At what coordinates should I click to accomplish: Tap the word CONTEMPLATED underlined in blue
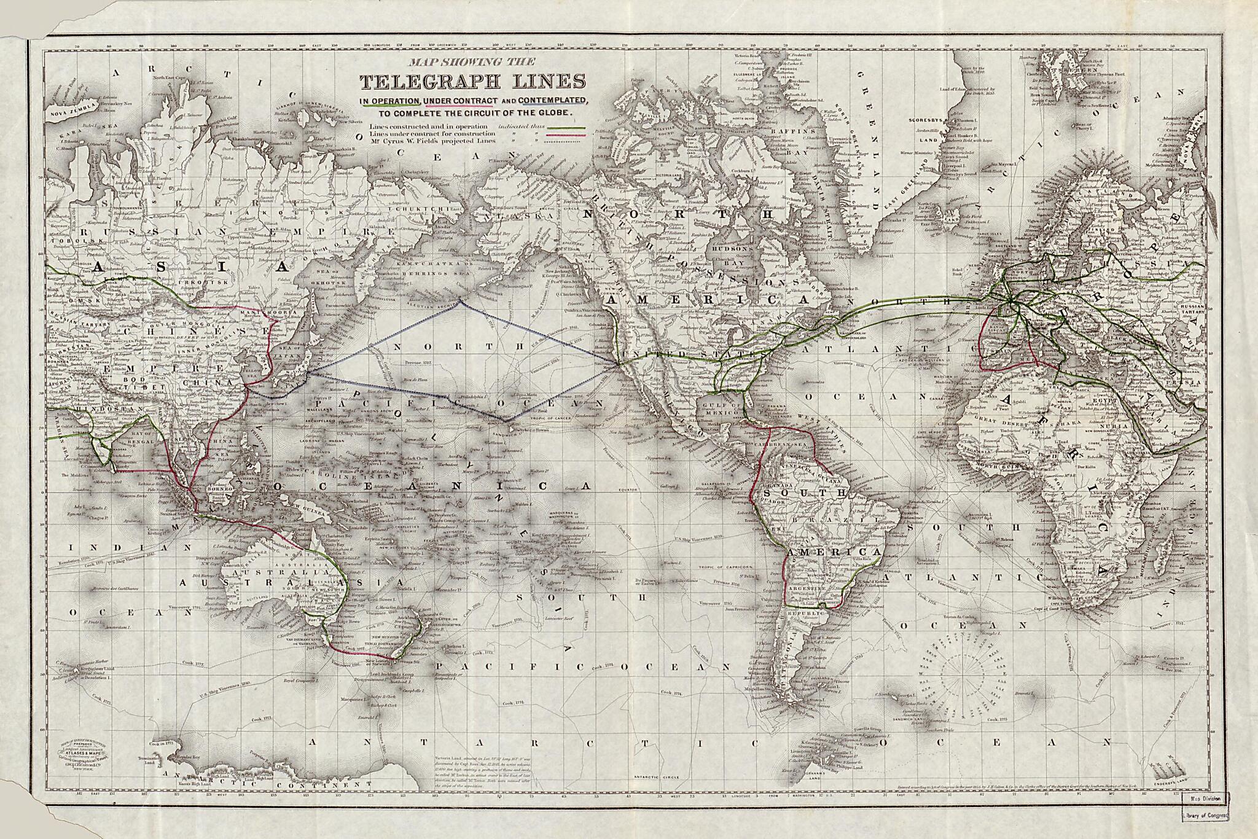pos(552,100)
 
